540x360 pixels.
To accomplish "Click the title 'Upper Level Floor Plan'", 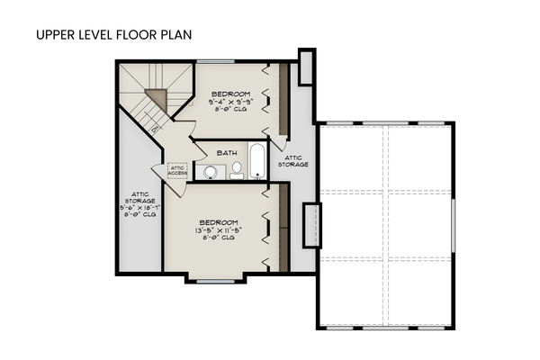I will [x=113, y=35].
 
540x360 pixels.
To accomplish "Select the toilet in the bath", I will [x=237, y=171].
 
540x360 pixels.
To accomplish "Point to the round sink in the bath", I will [x=211, y=171].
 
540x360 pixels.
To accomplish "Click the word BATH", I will [x=226, y=153].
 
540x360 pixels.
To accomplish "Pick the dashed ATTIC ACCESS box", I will [x=176, y=171].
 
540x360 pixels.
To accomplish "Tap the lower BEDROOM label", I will [x=219, y=222].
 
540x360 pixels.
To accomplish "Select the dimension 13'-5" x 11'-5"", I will [x=219, y=231].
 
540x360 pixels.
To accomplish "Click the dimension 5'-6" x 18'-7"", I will [x=139, y=206].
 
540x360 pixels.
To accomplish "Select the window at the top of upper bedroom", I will [x=222, y=61].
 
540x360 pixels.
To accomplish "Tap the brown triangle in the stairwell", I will [x=158, y=95].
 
